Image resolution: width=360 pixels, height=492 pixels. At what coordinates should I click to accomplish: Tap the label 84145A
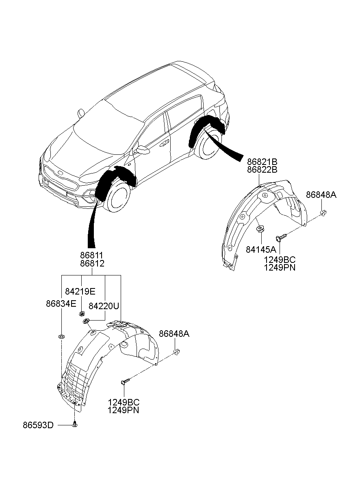(x=260, y=249)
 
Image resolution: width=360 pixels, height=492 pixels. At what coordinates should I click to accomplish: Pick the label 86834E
(x=61, y=303)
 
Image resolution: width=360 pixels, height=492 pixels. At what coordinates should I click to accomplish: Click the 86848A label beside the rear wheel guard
(x=321, y=195)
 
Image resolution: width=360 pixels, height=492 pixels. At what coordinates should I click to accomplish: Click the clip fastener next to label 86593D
(x=75, y=425)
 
